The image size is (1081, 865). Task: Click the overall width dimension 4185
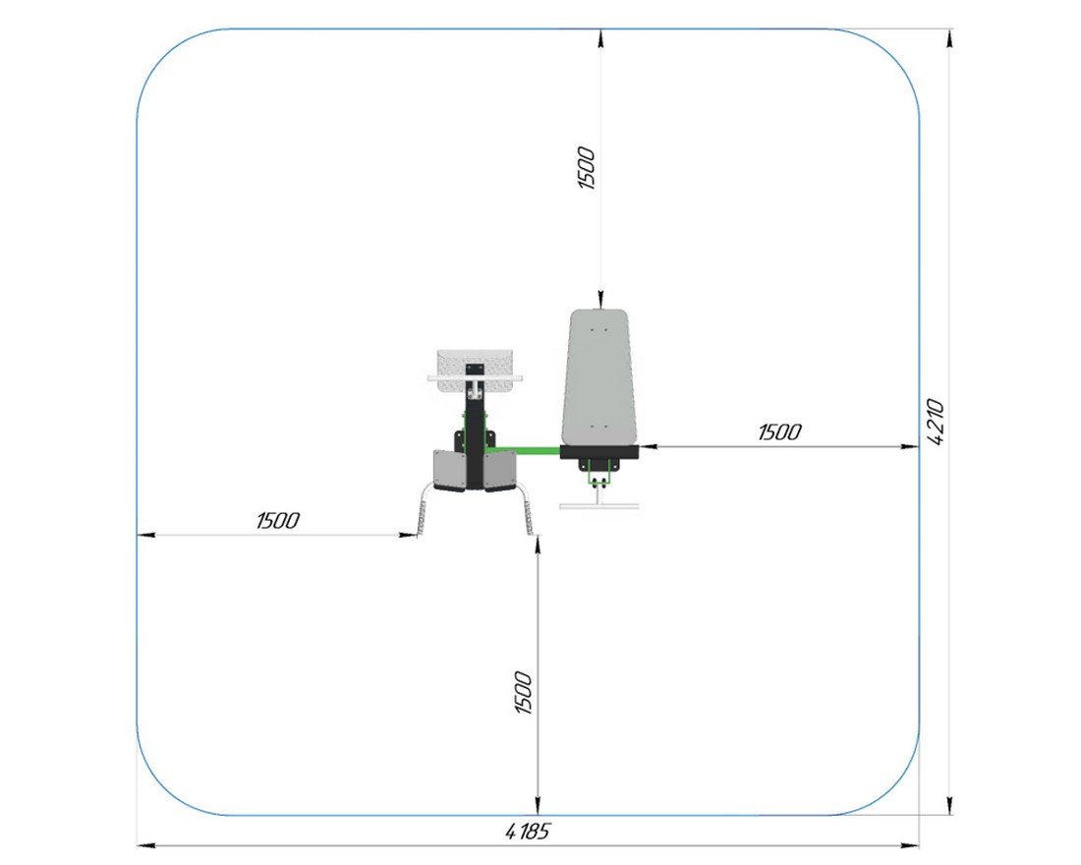(x=528, y=832)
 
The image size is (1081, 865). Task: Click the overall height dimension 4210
(x=936, y=422)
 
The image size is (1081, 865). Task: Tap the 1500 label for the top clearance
(x=586, y=168)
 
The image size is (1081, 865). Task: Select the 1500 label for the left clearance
(x=278, y=520)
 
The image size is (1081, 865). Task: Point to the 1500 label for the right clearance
(x=779, y=432)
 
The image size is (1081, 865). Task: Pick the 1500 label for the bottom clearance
(x=523, y=693)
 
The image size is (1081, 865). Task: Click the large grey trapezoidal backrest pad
(x=598, y=376)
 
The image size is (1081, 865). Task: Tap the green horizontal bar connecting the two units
(x=523, y=451)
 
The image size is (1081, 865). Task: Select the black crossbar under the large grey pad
(x=599, y=452)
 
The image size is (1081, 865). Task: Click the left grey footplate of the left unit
(x=449, y=471)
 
